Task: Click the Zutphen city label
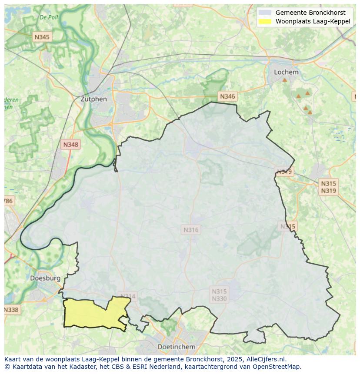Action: [93, 99]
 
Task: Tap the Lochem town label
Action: [286, 72]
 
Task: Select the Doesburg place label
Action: [45, 278]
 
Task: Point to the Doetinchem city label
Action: [176, 347]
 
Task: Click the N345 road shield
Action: [42, 37]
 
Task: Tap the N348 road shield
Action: [71, 145]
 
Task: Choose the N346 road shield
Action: [227, 96]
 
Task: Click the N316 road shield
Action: [191, 230]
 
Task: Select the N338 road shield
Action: [11, 310]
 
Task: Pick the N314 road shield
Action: [128, 296]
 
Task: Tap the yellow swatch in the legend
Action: [265, 21]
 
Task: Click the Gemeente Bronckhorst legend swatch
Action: [265, 13]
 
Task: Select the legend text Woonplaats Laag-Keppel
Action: [313, 21]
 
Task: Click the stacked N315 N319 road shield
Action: [328, 187]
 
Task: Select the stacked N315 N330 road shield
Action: [219, 295]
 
